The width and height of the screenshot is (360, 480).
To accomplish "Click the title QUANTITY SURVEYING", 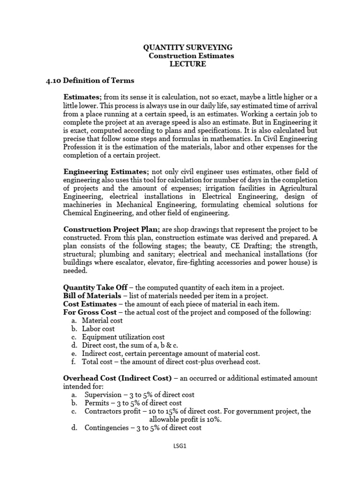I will tap(187, 47).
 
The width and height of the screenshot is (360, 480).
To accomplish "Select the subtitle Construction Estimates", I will tap(191, 56).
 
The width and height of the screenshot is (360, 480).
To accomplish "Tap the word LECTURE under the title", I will tap(187, 64).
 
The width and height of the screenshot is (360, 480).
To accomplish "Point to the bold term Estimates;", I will tap(82, 97).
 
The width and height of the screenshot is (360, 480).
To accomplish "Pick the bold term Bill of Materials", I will tap(92, 296).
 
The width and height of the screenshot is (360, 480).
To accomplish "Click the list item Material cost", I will tap(102, 321).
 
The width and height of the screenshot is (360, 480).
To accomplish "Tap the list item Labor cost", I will tap(98, 329).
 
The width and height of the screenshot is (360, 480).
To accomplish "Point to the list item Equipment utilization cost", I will tap(123, 337).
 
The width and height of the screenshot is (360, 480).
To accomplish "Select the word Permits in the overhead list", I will tap(96, 403).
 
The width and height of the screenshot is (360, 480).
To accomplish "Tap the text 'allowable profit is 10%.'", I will tap(186, 420).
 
